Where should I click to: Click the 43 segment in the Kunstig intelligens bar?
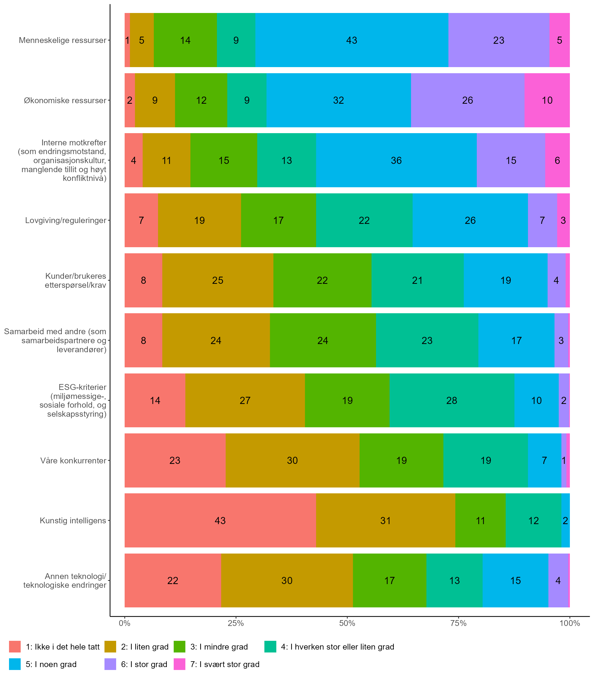point(220,520)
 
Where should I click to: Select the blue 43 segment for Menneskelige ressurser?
point(352,40)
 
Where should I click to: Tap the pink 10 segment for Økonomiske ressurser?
point(547,100)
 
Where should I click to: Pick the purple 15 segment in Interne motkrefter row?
point(511,160)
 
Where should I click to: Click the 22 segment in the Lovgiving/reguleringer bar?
point(364,220)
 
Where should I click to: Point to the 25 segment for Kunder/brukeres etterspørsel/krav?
point(218,281)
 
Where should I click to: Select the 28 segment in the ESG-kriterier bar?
point(451,401)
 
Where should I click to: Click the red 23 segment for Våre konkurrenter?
point(175,460)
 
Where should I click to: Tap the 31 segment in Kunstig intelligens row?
point(386,520)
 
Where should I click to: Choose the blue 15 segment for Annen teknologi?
point(516,581)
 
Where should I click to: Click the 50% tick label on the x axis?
point(347,624)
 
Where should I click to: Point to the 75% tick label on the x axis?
point(458,624)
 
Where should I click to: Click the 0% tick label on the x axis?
point(125,624)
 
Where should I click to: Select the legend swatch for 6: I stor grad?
point(110,664)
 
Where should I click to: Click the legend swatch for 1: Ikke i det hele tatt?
point(15,647)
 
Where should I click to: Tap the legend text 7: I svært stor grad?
point(225,664)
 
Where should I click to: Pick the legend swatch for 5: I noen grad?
point(15,664)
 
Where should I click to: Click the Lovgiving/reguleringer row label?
point(66,220)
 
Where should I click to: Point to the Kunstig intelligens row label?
point(73,520)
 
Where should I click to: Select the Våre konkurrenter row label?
point(73,460)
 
